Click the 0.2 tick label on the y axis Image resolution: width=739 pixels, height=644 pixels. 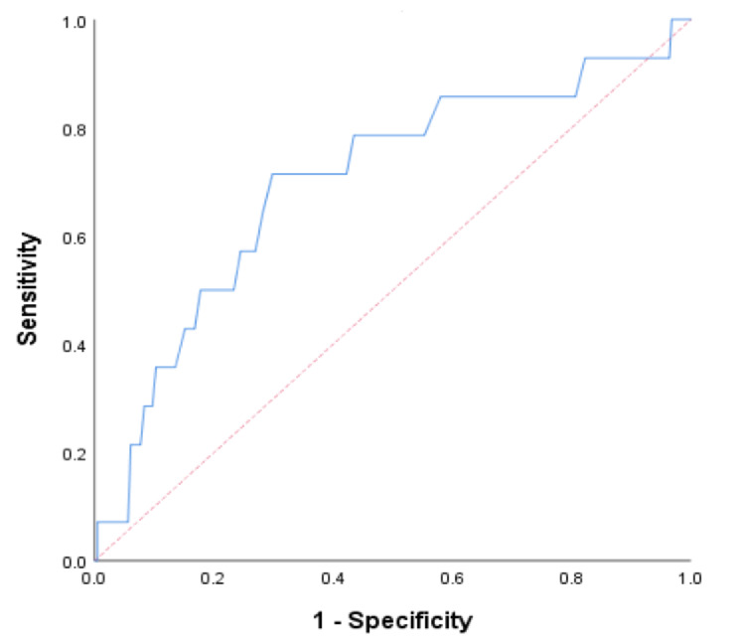[74, 454]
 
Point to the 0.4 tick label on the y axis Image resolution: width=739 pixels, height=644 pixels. [74, 347]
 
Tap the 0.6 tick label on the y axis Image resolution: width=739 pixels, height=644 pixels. [74, 239]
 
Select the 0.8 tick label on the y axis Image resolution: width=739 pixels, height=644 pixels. [74, 130]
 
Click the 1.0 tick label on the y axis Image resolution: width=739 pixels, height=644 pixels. [74, 22]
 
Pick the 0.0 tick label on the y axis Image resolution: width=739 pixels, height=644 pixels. [74, 562]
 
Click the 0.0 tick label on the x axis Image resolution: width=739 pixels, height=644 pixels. [93, 578]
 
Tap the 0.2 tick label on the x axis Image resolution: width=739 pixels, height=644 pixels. [213, 578]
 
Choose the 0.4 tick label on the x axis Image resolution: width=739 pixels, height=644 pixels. [333, 578]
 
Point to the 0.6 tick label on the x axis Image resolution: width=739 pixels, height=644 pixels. [452, 578]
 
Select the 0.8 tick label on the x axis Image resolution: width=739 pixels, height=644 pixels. [571, 578]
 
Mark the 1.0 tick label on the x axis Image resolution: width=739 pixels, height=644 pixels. [690, 578]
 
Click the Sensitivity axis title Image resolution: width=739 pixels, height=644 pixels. [28, 289]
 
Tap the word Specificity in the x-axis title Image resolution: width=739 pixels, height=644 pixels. [410, 621]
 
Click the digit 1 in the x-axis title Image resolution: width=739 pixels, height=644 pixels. [319, 620]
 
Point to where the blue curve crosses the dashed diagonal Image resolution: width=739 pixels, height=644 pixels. [650, 58]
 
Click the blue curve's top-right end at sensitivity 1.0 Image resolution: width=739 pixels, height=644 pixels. [690, 19]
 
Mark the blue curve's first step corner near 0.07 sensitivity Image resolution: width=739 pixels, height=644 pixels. [97, 522]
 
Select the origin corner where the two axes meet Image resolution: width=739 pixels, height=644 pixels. [94, 561]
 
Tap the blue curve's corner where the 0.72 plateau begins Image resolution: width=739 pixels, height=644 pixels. [272, 174]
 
